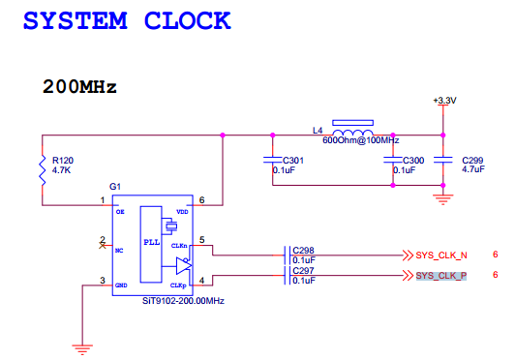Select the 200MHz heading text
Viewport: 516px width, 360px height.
click(79, 87)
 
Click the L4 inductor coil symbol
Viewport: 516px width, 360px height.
click(355, 134)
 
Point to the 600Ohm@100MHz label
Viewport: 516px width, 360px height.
click(360, 141)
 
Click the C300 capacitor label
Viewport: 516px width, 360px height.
click(411, 160)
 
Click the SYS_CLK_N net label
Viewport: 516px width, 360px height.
click(441, 255)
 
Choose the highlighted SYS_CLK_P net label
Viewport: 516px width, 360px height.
click(441, 276)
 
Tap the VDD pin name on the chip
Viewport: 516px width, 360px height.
click(182, 211)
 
